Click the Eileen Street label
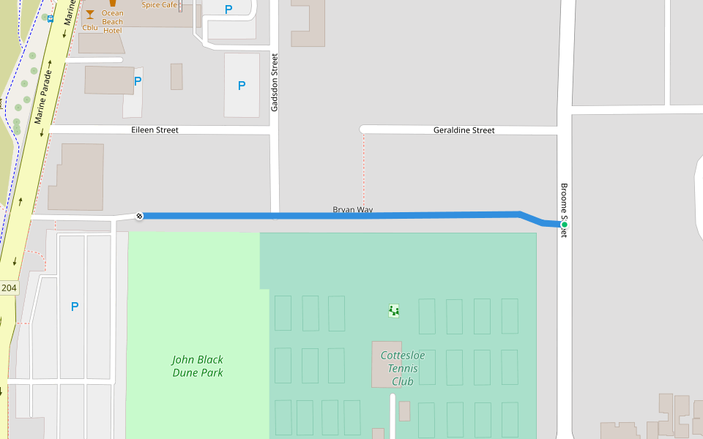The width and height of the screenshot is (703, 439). (x=155, y=130)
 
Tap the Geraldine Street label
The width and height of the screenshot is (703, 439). (x=464, y=130)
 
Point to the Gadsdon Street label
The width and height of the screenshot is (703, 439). (x=275, y=82)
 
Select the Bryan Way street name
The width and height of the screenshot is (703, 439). (x=353, y=210)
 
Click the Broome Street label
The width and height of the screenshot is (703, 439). (x=564, y=209)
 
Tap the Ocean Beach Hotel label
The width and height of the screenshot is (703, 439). (x=113, y=22)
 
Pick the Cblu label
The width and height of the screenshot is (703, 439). (x=90, y=28)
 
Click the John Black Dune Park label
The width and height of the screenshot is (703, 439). (x=198, y=366)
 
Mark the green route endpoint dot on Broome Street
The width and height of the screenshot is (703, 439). (x=564, y=225)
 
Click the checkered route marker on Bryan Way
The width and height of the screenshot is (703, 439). (x=139, y=216)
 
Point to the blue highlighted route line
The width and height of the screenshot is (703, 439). (x=330, y=216)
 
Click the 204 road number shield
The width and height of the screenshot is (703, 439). (x=8, y=288)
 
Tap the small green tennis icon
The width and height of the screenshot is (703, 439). (x=394, y=311)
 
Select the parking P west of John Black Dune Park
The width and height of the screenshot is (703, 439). (x=74, y=307)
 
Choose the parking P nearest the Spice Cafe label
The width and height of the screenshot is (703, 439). (x=228, y=10)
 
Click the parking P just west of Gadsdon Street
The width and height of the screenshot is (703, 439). (x=242, y=86)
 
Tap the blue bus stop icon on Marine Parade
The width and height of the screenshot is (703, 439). (x=50, y=18)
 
